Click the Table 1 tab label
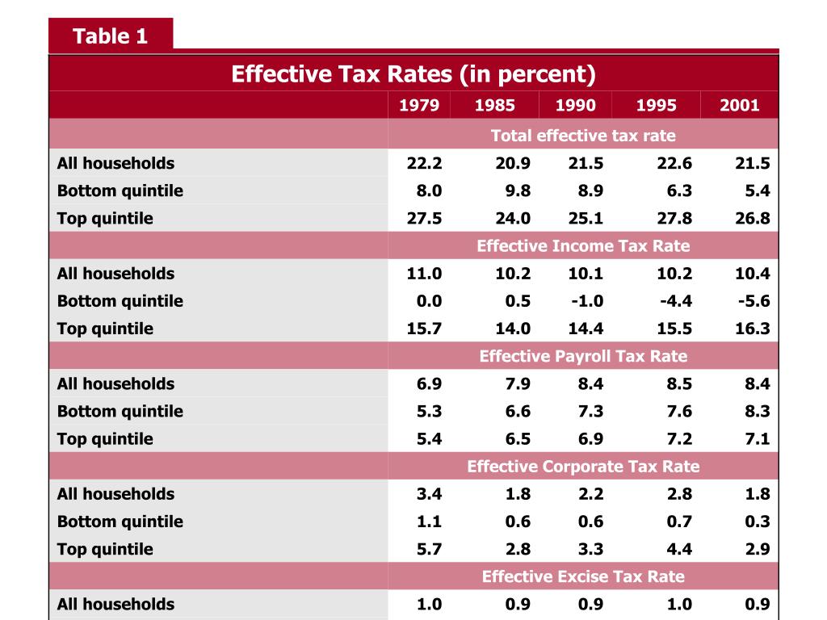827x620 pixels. [x=110, y=36]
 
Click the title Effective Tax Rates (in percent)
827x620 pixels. [x=413, y=74]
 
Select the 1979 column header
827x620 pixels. [x=419, y=106]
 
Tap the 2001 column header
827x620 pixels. [x=740, y=106]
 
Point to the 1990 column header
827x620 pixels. [x=576, y=106]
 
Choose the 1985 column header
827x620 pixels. [x=494, y=106]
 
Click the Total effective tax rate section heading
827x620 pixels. [x=583, y=136]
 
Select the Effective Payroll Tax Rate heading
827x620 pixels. [x=583, y=356]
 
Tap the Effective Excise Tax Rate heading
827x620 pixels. [x=583, y=576]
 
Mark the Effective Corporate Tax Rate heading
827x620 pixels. [x=583, y=467]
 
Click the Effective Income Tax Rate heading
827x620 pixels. [x=583, y=246]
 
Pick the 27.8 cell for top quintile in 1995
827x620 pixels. [x=674, y=219]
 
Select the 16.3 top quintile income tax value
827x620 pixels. [x=752, y=329]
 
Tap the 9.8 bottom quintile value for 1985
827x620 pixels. [x=513, y=191]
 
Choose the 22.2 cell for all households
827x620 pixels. [x=424, y=163]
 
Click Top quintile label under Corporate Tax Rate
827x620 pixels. [x=105, y=549]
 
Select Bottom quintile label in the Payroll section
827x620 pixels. [x=120, y=412]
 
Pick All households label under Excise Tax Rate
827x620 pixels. [x=115, y=604]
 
